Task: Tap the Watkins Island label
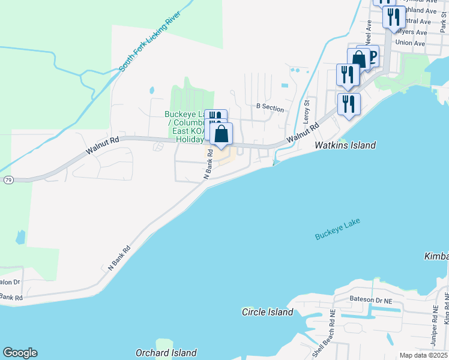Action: point(346,145)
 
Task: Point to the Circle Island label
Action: point(267,312)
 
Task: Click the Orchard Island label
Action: point(166,353)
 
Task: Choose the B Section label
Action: point(270,107)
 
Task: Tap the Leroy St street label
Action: point(306,112)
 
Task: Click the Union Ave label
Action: point(411,43)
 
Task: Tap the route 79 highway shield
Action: point(8,179)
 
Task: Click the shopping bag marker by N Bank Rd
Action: point(221,134)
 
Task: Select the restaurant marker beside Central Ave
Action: point(394,17)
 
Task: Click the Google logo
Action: point(20,353)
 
